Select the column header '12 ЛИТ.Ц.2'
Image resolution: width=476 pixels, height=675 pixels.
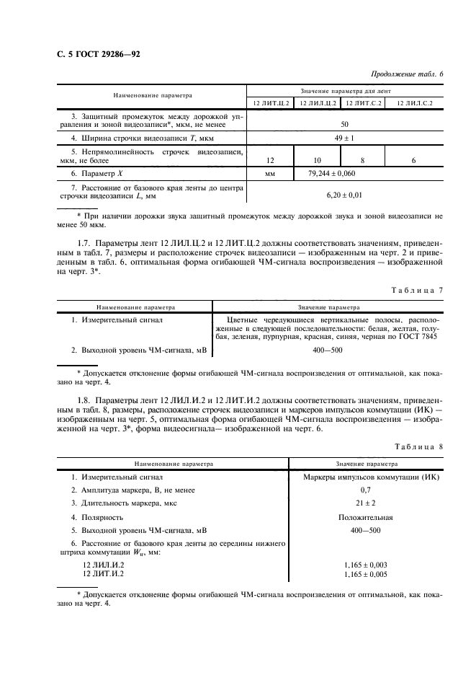click(270, 103)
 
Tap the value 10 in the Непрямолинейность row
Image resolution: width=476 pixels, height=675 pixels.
click(317, 160)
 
